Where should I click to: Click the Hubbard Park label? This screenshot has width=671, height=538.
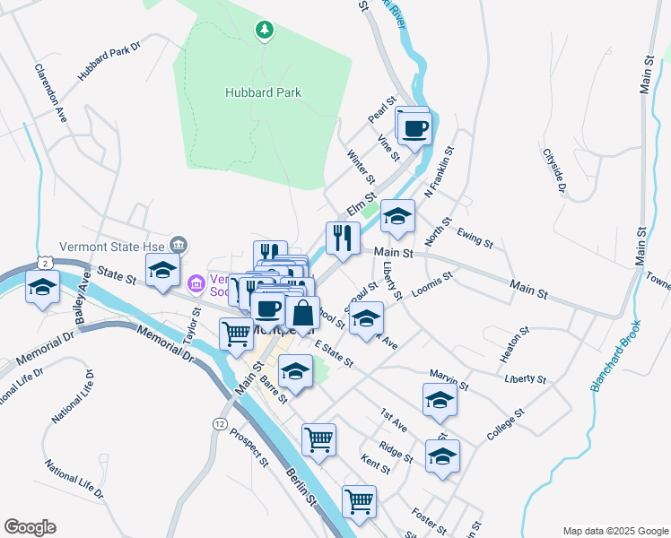(x=263, y=92)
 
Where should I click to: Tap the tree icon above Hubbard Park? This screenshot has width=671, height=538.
(x=264, y=31)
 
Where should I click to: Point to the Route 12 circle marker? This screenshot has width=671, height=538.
(x=220, y=421)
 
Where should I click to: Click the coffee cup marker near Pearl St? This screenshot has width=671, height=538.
(x=414, y=127)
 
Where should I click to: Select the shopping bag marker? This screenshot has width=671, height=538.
(x=303, y=314)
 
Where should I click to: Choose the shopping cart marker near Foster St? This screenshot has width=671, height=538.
(x=359, y=502)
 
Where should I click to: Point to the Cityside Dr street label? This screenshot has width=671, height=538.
(x=554, y=169)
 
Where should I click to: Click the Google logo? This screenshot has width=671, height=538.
(x=30, y=527)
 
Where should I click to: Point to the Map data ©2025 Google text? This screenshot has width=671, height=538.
(x=615, y=530)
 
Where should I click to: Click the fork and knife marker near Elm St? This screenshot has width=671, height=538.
(x=343, y=238)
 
